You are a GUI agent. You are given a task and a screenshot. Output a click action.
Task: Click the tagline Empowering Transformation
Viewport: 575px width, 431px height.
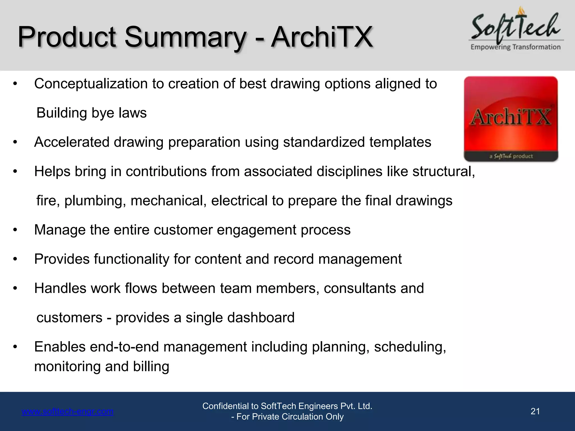pos(515,47)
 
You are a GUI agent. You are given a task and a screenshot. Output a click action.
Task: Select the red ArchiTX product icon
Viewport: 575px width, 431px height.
pos(511,119)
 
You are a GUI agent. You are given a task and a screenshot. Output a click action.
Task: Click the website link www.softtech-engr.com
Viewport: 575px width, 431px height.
pos(68,411)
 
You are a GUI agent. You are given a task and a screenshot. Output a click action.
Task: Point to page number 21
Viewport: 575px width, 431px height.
pos(535,411)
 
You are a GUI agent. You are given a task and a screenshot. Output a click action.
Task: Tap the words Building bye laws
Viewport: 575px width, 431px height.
pos(92,113)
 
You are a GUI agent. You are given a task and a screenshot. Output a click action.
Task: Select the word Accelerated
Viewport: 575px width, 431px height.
pos(72,142)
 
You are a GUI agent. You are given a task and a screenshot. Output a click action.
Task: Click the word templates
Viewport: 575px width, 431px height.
pos(400,142)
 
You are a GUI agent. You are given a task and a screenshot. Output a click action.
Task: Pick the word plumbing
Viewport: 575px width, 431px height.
pos(95,201)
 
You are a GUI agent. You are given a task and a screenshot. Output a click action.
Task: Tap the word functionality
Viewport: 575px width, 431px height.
pos(131,259)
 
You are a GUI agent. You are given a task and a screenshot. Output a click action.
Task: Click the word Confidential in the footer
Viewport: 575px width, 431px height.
pos(226,406)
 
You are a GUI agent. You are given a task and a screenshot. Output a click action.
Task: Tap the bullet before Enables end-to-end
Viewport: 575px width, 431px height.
pos(15,347)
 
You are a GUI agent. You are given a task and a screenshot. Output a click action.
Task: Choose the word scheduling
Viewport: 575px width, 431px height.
pos(410,347)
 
